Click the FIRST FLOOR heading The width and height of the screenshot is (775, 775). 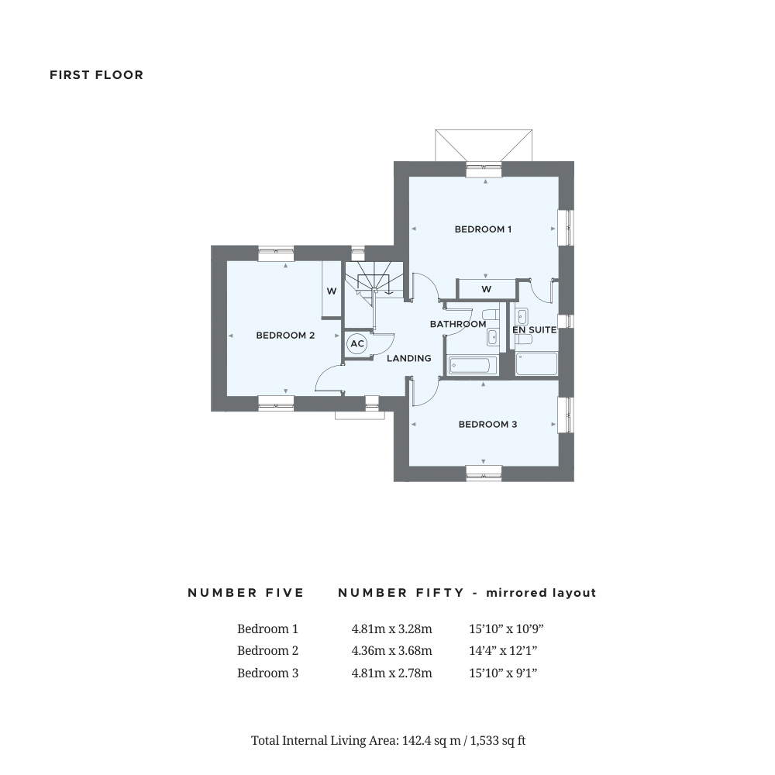tap(96, 75)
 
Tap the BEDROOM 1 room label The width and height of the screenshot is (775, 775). tap(483, 229)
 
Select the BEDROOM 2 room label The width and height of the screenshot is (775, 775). tap(285, 336)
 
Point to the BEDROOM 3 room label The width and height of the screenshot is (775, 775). tap(487, 425)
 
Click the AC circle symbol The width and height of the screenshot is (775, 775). tap(356, 344)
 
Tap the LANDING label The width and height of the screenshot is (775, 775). tap(409, 359)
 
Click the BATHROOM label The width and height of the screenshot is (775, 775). tap(458, 324)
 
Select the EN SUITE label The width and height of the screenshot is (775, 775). tap(534, 330)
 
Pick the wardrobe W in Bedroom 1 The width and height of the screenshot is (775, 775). tap(486, 289)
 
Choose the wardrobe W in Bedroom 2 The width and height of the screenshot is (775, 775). tap(331, 291)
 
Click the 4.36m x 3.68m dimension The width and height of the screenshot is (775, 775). tap(391, 651)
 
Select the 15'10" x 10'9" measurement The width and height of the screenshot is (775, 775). tap(502, 629)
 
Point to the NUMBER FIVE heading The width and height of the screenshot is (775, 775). tap(246, 593)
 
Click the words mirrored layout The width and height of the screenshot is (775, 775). tap(540, 593)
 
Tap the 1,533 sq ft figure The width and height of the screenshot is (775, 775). tap(498, 741)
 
